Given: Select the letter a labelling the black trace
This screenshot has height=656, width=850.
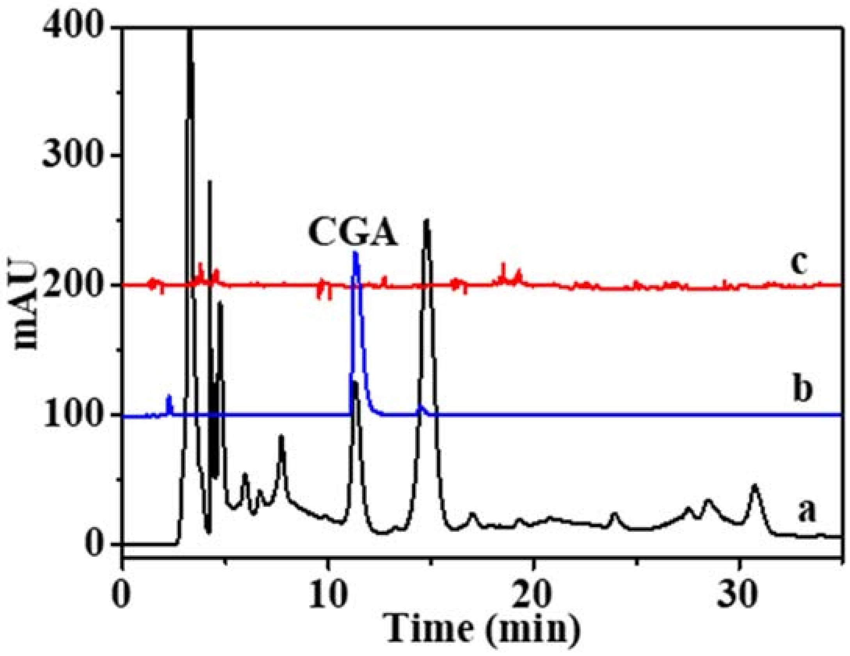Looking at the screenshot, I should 806,512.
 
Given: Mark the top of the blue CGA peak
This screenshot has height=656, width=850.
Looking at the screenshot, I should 355,253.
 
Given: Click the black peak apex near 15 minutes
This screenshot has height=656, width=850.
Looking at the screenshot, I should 426,221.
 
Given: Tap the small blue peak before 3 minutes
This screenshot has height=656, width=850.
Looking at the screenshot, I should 169,397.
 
